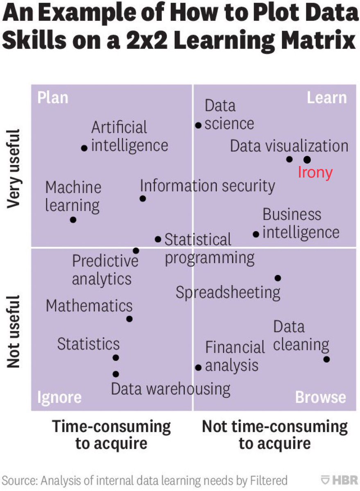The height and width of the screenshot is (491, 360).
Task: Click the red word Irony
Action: click(315, 173)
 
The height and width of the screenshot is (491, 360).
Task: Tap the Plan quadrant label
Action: click(52, 98)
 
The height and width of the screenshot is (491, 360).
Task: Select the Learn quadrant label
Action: click(326, 98)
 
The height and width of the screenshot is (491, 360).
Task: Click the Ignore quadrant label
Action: click(59, 397)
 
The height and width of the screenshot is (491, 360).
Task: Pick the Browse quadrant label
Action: click(321, 397)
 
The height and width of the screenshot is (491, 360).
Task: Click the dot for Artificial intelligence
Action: click(84, 148)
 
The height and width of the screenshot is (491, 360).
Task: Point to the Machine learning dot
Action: click(73, 220)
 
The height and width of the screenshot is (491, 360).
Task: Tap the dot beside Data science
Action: click(198, 126)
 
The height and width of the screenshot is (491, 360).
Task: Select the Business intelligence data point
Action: click(256, 234)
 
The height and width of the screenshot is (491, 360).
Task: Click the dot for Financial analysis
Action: click(199, 367)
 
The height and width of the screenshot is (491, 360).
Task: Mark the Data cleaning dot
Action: click(326, 359)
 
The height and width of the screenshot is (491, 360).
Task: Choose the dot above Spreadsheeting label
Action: click(278, 278)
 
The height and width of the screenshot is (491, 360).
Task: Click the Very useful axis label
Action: click(13, 169)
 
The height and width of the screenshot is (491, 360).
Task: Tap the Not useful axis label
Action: click(13, 331)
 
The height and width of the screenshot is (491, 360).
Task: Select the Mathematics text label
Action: click(89, 306)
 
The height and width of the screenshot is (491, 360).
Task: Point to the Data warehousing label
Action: click(170, 389)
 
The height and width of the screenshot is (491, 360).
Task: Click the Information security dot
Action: click(143, 198)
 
